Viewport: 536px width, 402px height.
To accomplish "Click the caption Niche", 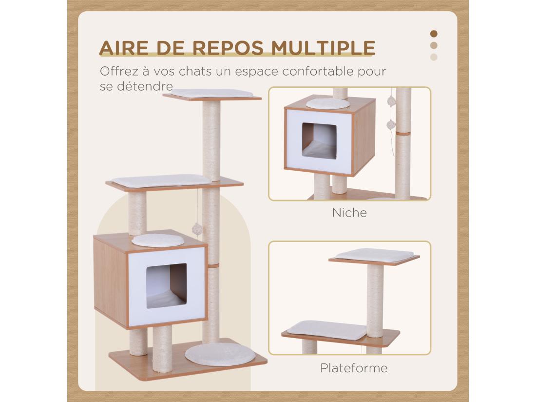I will [x=349, y=213].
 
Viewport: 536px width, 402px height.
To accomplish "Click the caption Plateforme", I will [x=354, y=367].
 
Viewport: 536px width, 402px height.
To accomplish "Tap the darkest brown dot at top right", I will [x=434, y=34].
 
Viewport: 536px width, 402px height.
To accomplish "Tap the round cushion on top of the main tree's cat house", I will [x=158, y=239].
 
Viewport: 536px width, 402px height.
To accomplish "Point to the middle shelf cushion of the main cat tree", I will [x=160, y=181].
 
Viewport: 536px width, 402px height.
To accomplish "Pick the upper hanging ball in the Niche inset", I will [x=391, y=101].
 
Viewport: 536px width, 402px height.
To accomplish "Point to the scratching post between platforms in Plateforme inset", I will [x=375, y=301].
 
